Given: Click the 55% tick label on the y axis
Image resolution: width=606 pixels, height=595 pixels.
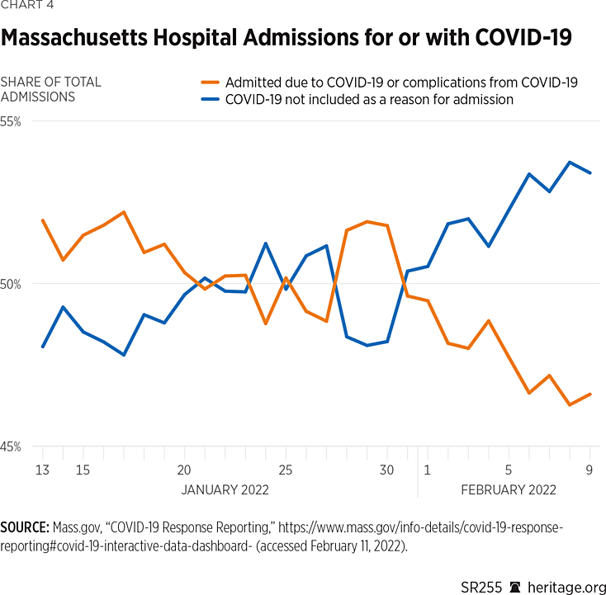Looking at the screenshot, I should pos(11,121).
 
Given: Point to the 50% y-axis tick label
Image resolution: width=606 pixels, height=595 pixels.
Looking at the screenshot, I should pos(11,285).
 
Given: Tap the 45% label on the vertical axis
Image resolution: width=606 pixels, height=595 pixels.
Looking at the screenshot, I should pos(11,447).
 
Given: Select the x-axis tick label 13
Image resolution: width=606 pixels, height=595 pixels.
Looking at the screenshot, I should pos(42,470).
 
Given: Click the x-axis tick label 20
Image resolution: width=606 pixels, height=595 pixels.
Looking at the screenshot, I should pos(184,470).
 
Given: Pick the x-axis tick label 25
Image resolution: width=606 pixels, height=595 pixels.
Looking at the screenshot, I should pos(286,470).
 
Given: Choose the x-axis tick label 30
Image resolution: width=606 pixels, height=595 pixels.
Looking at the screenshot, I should pos(387,470).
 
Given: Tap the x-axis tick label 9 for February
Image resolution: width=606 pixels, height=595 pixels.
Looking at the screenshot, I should pos(589,470).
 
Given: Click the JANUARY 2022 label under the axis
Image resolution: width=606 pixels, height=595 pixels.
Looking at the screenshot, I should pos(225,489).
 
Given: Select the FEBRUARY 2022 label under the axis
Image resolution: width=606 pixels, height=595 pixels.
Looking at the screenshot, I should pos(508,489).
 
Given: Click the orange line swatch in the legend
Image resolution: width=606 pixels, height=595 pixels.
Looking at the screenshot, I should pos(211,83).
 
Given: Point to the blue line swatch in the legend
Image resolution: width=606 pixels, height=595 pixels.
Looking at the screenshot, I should pos(211,100).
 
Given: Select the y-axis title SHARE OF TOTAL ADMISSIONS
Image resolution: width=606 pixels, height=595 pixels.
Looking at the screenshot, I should pos(51,89).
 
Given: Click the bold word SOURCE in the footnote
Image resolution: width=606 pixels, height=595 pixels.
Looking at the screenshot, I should pos(25,527).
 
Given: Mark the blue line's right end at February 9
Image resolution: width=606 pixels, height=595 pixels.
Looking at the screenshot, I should pos(589,172).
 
